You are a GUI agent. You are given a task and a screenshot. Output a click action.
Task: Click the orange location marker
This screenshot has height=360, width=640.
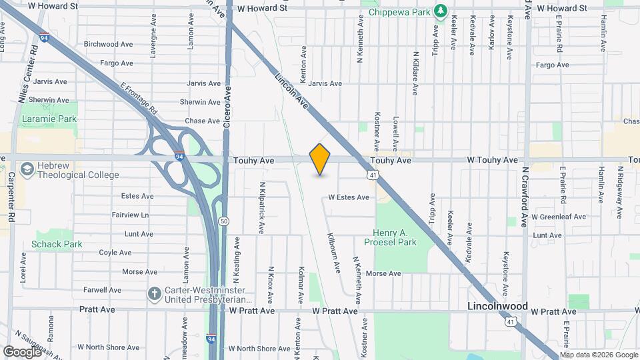click(x=320, y=159)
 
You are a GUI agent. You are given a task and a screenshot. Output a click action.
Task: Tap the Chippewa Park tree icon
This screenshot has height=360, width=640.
click(x=440, y=11)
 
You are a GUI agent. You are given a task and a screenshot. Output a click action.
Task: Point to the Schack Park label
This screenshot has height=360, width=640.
click(x=57, y=244)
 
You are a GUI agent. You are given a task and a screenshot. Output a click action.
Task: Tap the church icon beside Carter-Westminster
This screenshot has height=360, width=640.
click(x=154, y=293)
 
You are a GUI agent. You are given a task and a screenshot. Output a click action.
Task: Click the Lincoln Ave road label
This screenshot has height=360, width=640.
click(x=292, y=91)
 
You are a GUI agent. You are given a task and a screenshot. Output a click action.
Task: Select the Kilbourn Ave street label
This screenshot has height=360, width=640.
click(x=334, y=253)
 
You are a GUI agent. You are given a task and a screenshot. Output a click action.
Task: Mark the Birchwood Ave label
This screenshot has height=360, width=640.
click(x=110, y=44)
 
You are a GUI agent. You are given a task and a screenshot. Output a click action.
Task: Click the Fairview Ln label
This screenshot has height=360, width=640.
click(x=130, y=215)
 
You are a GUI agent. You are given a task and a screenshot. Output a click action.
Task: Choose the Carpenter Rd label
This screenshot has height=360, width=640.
click(x=11, y=197)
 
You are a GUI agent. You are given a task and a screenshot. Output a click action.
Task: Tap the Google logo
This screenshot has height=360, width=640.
click(x=22, y=351)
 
